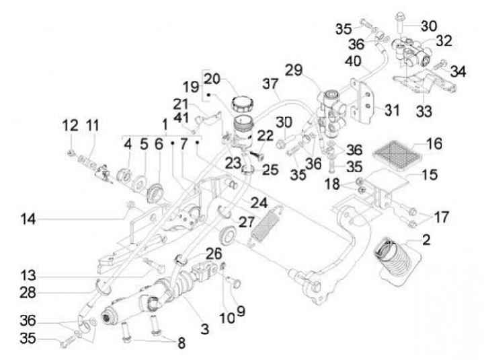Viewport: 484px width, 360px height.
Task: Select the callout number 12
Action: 70,125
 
